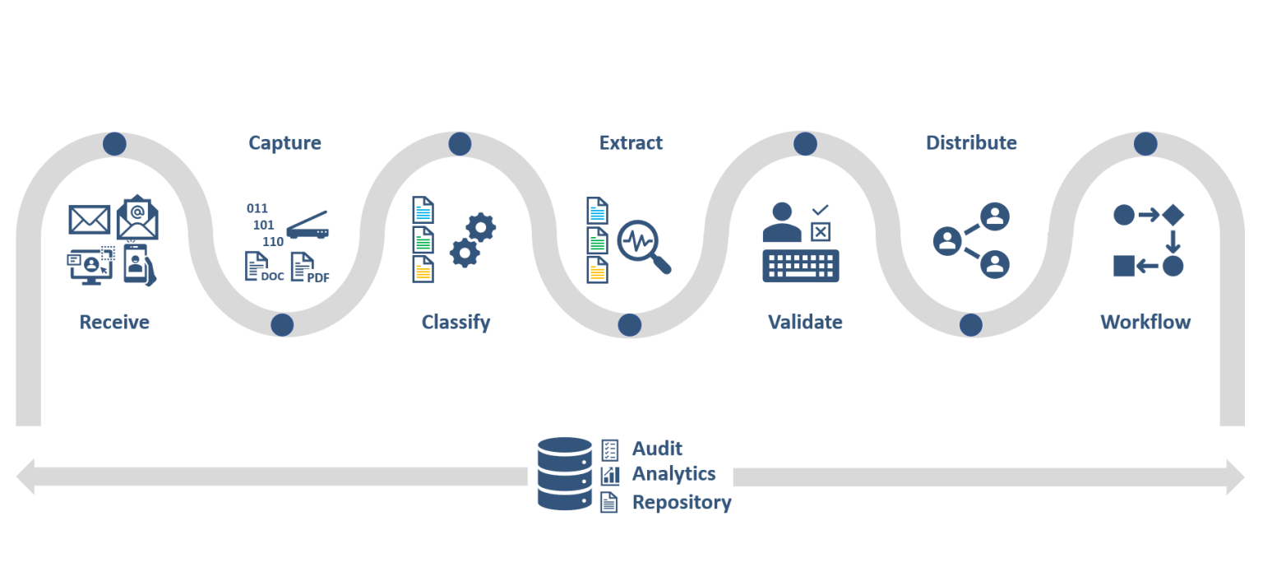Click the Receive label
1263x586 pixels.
coord(114,322)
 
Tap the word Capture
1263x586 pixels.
coord(285,143)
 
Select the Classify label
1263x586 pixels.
coord(456,322)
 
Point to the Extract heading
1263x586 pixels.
coord(631,143)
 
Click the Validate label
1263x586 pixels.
coord(805,322)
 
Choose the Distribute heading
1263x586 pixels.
coord(971,143)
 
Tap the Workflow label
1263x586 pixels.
coord(1145,322)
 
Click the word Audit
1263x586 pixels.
coord(657,449)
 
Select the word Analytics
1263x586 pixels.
coord(673,474)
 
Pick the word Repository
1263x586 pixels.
coord(682,502)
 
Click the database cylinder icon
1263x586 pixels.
coord(564,474)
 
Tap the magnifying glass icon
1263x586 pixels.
coord(643,244)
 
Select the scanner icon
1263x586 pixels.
coord(308,227)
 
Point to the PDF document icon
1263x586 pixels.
coord(308,267)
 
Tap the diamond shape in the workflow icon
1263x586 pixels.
coord(1173,215)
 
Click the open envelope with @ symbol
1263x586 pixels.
coord(137,217)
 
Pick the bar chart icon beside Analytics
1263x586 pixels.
coord(610,475)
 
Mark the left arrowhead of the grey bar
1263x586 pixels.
coord(25,477)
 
